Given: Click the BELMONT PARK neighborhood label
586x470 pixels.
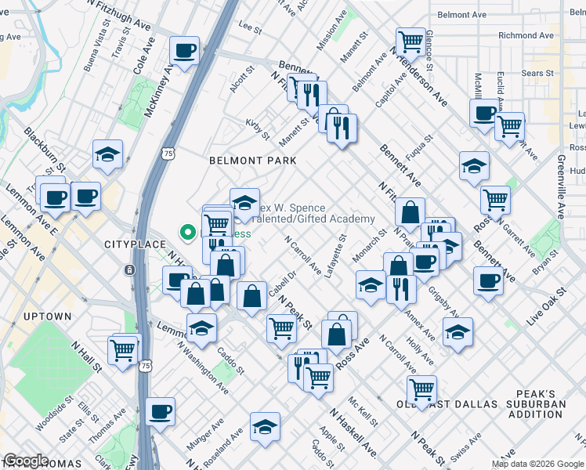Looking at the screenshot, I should [252, 160].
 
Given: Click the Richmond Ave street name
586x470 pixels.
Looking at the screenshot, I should [528, 35].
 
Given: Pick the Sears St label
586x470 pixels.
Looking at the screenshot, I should [537, 73].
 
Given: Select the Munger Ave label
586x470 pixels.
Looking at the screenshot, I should [200, 433].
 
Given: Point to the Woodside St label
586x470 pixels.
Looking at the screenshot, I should [53, 414].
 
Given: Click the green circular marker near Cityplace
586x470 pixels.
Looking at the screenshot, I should [187, 231].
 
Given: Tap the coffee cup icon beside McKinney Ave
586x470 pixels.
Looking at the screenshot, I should [185, 52].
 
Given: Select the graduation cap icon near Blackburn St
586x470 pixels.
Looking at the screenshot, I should [107, 154].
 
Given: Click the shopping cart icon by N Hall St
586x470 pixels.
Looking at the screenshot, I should [122, 349].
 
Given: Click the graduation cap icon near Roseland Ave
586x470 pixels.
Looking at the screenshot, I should [266, 425].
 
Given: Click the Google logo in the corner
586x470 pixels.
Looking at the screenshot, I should [26, 461].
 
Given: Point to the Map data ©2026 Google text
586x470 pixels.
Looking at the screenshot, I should [537, 464].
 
